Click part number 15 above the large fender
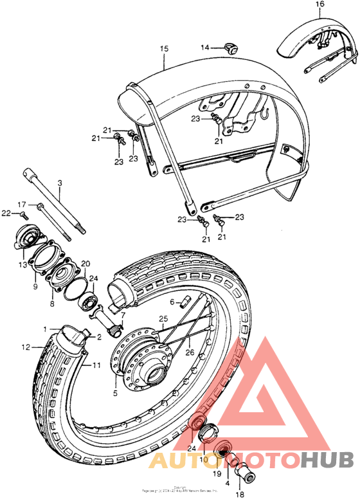coord(163,49)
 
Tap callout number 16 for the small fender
coord(319,5)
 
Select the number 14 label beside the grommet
coord(204,48)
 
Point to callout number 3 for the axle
coord(60,183)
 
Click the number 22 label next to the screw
coord(5,212)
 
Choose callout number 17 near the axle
coord(21,205)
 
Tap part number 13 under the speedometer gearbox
coord(24,264)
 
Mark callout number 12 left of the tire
coord(26,347)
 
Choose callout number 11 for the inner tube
coord(96,365)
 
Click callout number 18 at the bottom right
coord(240,495)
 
